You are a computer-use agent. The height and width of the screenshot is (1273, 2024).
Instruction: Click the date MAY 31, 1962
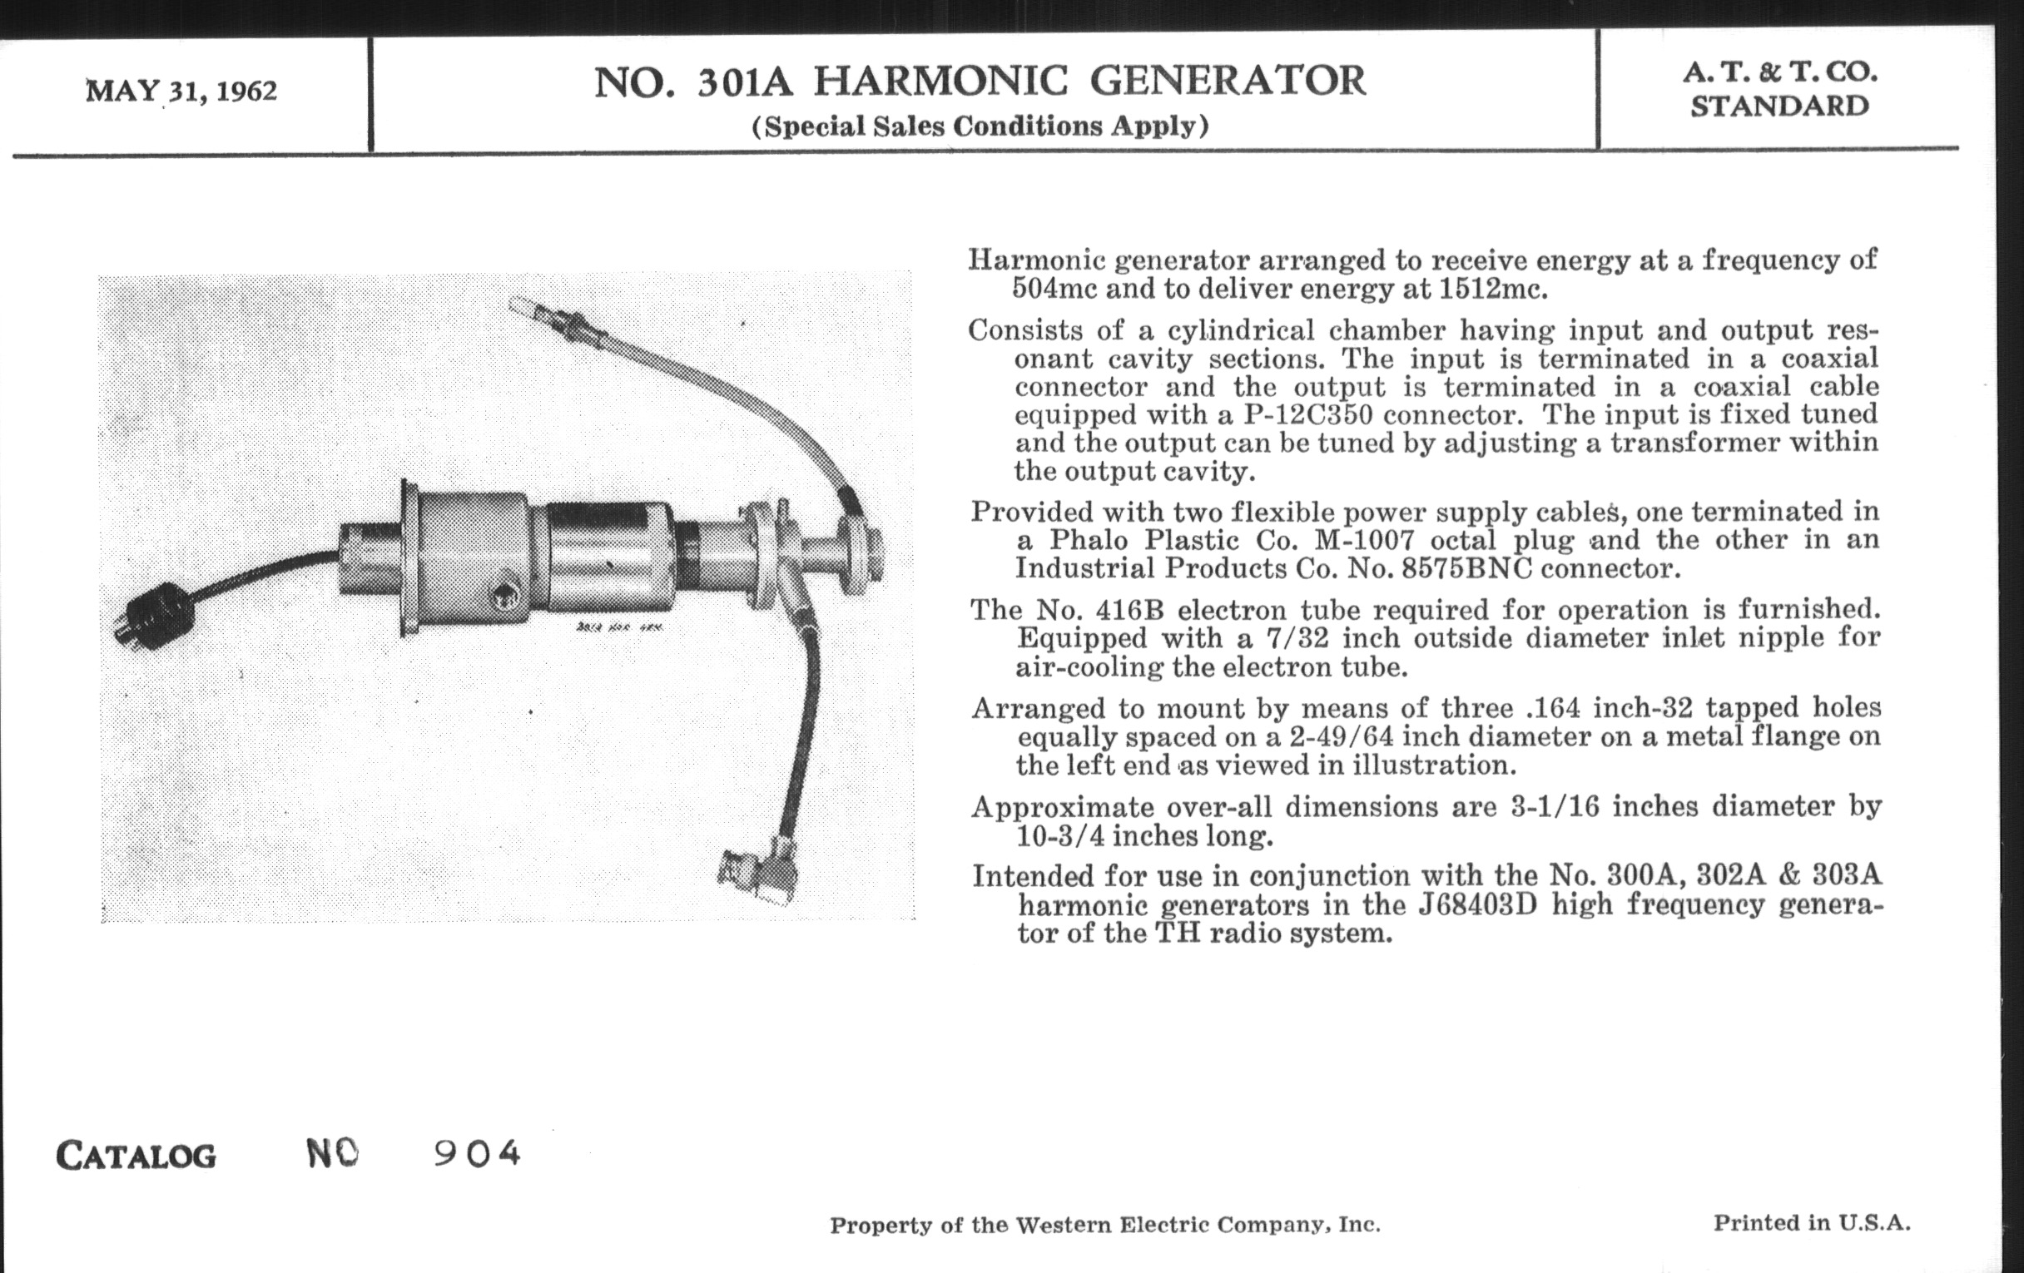click(181, 90)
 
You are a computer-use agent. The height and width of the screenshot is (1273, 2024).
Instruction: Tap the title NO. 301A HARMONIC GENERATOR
click(980, 82)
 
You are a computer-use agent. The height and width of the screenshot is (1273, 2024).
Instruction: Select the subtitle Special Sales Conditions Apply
click(980, 126)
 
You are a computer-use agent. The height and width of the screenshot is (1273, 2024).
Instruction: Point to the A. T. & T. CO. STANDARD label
click(1779, 89)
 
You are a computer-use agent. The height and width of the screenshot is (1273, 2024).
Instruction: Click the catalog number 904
click(478, 1154)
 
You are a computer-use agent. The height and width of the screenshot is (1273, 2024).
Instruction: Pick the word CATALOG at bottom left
click(136, 1157)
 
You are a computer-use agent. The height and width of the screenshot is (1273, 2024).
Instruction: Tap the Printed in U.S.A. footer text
click(1812, 1222)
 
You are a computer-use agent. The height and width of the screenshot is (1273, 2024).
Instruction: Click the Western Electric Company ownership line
click(1104, 1225)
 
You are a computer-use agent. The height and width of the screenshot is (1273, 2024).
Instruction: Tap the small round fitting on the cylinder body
click(505, 597)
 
